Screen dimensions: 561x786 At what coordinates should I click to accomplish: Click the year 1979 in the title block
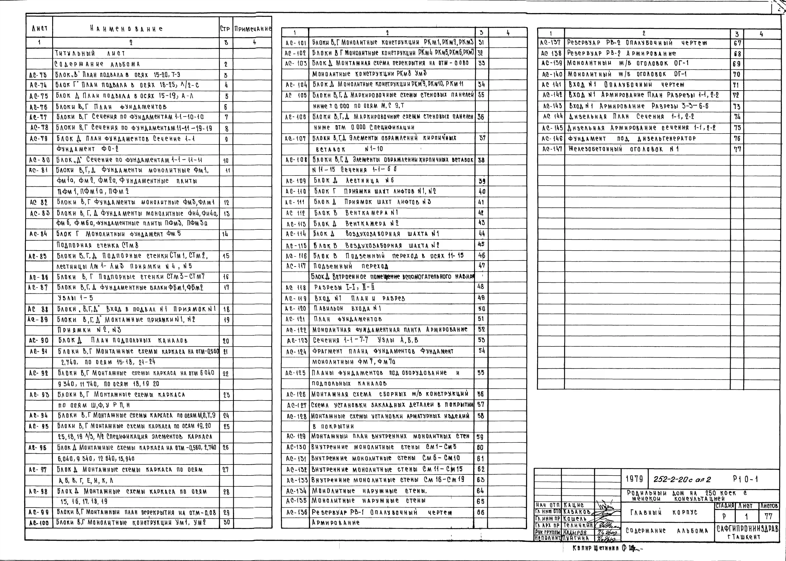(x=634, y=479)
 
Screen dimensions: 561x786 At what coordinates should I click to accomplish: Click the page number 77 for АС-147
(x=737, y=149)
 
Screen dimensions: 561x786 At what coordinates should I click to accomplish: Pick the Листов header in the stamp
(x=769, y=506)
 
